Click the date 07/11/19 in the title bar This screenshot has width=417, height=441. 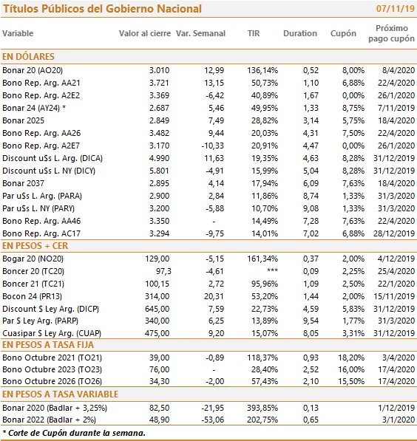click(395, 8)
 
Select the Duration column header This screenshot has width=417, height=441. click(300, 33)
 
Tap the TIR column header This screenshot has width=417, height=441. click(254, 33)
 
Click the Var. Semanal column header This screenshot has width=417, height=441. click(200, 33)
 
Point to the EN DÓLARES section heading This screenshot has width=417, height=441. click(28, 57)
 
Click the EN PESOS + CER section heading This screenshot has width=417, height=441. click(35, 246)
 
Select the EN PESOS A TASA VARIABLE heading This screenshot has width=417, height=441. click(60, 394)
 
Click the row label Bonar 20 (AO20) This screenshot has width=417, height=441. click(33, 70)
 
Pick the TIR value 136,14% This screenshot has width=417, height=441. click(262, 70)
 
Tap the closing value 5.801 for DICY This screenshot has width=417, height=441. click(159, 171)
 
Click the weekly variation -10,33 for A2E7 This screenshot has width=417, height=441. click(213, 146)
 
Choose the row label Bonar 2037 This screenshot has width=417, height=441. click(23, 183)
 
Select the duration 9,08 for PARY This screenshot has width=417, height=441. click(311, 208)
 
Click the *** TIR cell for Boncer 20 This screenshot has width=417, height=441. click(272, 271)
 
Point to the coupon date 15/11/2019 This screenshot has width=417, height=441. click(394, 296)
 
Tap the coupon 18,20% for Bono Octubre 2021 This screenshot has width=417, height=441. click(351, 358)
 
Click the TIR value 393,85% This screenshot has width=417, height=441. click(262, 408)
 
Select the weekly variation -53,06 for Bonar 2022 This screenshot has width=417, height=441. click(213, 420)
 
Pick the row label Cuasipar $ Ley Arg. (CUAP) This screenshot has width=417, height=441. click(52, 333)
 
